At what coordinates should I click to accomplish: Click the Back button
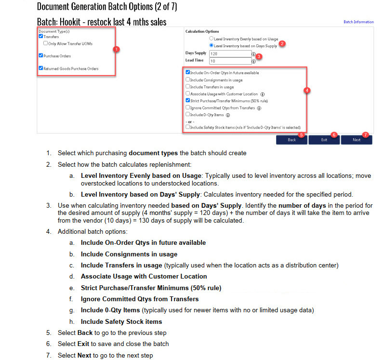[291, 140]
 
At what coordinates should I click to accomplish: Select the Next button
[356, 140]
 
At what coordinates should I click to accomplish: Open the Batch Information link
[358, 22]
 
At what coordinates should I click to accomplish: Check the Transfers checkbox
[41, 36]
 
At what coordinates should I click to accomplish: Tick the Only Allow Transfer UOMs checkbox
[45, 43]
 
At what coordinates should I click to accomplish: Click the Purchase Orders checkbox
[41, 56]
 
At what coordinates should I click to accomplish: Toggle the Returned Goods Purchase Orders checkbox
[41, 68]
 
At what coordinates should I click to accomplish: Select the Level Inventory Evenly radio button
[211, 39]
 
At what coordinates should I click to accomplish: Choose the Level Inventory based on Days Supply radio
[211, 45]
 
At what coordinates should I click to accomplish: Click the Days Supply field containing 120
[230, 54]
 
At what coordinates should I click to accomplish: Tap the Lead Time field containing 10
[230, 61]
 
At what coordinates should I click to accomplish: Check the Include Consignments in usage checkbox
[188, 80]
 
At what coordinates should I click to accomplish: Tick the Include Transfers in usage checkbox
[188, 87]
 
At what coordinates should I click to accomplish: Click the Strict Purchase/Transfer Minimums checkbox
[188, 101]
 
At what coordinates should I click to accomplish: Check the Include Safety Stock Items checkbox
[188, 127]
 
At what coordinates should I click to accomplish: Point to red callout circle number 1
[116, 49]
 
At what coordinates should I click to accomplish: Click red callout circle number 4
[307, 90]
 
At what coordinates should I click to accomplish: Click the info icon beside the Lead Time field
[254, 61]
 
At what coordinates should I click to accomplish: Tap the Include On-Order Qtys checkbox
[188, 73]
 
